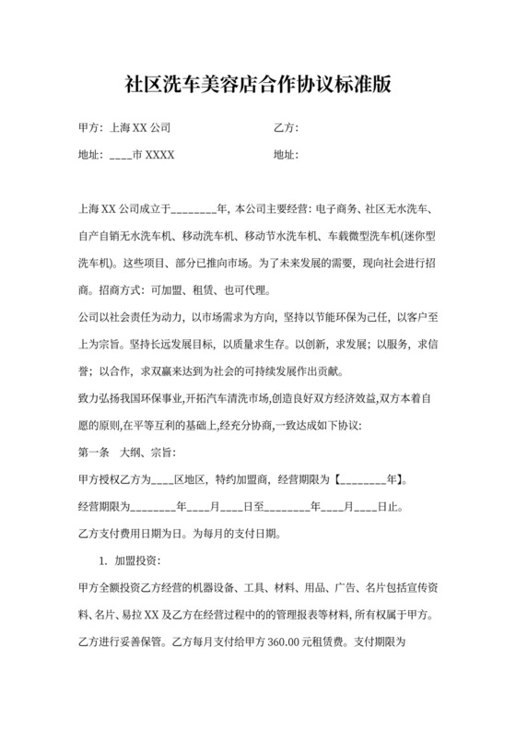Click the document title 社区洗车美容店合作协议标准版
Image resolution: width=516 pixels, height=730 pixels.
tap(258, 86)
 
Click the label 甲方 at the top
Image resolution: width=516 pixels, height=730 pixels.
tap(86, 128)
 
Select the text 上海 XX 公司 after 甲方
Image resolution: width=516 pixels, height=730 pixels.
tap(139, 128)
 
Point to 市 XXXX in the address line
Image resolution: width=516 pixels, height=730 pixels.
tap(154, 155)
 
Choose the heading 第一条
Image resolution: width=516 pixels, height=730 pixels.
tap(88, 453)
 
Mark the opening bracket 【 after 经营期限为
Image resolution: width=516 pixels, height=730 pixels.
tap(339, 479)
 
